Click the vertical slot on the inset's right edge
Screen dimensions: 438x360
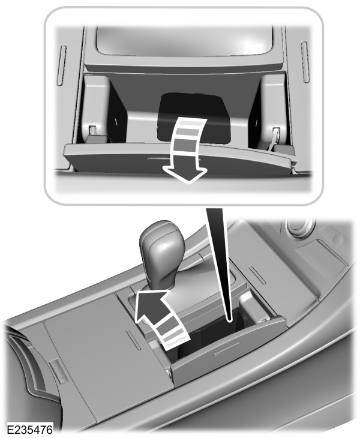[304, 60]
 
